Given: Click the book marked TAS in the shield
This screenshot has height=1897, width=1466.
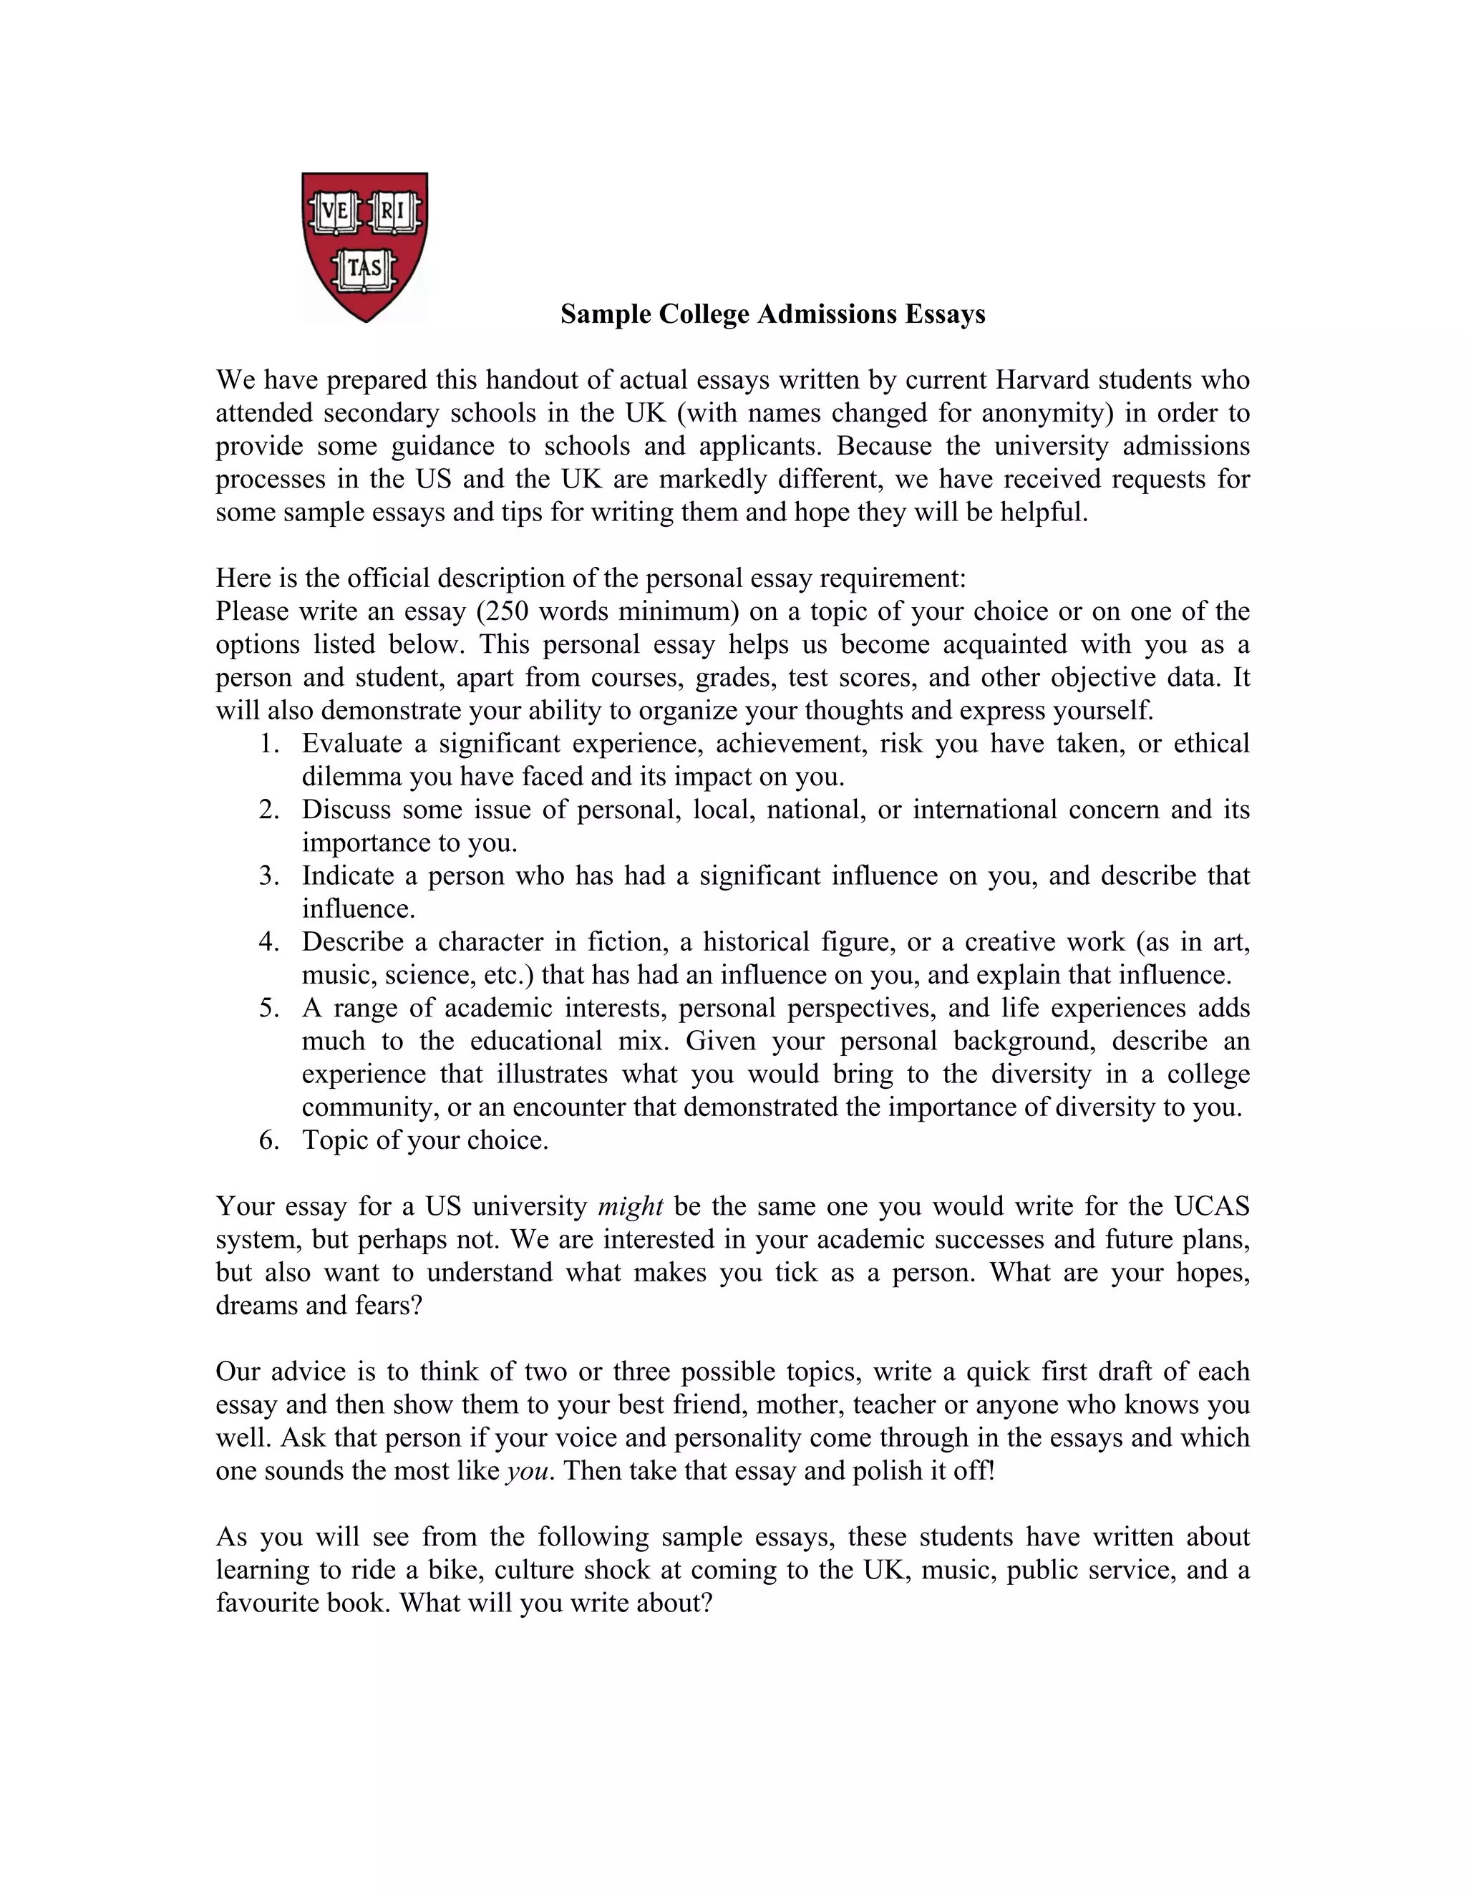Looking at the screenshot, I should coord(365,269).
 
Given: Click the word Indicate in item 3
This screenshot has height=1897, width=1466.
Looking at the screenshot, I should coord(346,876).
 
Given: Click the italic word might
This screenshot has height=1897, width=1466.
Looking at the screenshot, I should coord(631,1206).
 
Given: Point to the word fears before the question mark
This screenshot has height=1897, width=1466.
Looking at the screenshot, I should coord(379,1306).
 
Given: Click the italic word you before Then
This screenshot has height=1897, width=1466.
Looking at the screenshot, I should coord(527,1471).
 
